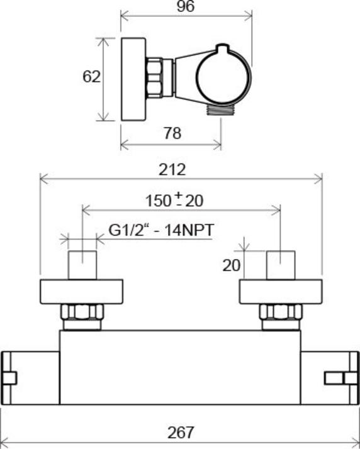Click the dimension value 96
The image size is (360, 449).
185,7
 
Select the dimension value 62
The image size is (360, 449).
92,77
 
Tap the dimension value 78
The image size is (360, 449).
172,133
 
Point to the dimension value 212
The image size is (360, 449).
172,169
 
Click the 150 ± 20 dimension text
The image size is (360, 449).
174,201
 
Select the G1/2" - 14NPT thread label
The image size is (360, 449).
160,230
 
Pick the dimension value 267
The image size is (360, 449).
181,433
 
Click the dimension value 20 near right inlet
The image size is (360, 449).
232,265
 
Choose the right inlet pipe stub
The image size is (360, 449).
281,264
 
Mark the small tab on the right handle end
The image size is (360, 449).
334,377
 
